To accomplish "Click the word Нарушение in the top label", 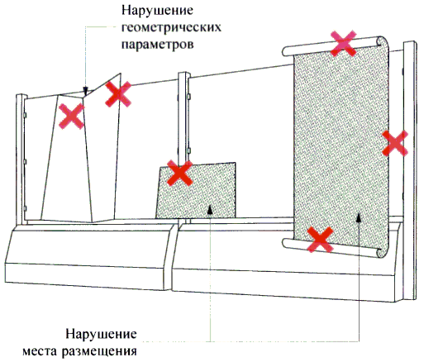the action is tap(157, 11).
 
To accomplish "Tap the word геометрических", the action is tap(171, 27).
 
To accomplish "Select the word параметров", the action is tap(157, 45).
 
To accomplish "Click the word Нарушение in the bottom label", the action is tap(101, 334).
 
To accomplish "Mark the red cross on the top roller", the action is tap(343, 44).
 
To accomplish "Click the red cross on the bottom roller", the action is tap(320, 239).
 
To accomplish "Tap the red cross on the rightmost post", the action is tap(395, 143).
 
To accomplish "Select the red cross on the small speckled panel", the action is tap(180, 173).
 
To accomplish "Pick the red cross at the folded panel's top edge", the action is tap(118, 94).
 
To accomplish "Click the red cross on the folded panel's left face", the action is tap(72, 117).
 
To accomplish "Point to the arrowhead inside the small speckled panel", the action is tap(210, 209).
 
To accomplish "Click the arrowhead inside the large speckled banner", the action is tap(359, 217).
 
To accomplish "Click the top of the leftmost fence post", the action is tap(21, 96).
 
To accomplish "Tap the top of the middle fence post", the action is tap(183, 74).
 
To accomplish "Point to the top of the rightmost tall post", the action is tap(410, 42).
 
